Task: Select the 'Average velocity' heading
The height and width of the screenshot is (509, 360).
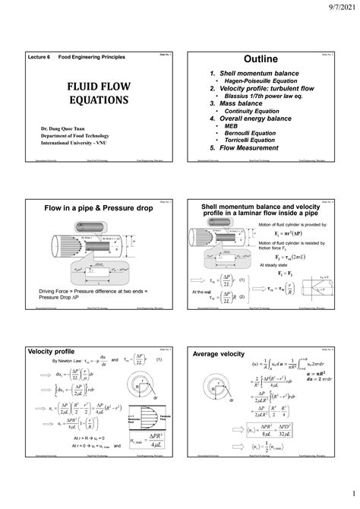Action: [219, 353]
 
